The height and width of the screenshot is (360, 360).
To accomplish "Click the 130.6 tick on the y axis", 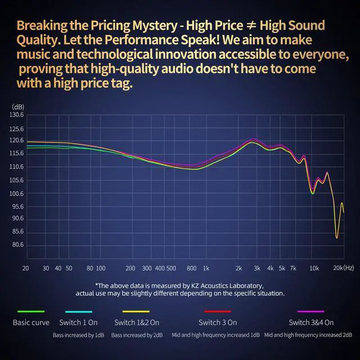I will (17, 115).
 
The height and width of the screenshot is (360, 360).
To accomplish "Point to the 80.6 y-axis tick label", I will (17, 245).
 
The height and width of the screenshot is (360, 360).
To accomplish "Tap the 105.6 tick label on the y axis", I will (17, 180).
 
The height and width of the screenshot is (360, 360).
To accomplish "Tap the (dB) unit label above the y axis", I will (18, 106).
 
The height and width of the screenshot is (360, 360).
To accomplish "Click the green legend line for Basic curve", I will (31, 312).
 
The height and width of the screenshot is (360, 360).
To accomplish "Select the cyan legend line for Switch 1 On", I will (79, 312).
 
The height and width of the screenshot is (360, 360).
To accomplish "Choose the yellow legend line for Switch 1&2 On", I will (136, 312).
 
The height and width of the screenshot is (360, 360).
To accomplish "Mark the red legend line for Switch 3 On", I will (218, 312).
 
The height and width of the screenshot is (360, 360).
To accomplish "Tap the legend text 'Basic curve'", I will (31, 323).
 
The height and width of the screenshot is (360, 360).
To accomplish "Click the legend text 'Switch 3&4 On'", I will (311, 323).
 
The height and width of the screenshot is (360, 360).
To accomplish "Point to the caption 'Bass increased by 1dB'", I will (79, 335).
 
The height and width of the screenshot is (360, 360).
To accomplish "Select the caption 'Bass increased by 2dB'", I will (136, 335).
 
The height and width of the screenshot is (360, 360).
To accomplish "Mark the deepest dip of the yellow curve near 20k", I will (337, 237).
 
